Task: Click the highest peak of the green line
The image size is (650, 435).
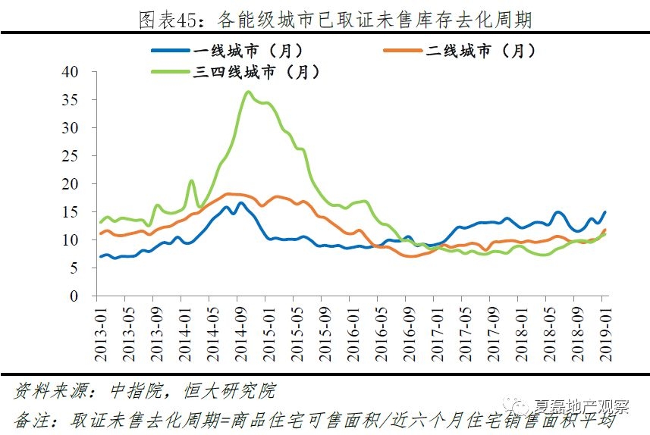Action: coord(249,92)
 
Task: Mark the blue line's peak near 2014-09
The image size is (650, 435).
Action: coord(241,202)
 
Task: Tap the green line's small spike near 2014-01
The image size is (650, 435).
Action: coord(191,180)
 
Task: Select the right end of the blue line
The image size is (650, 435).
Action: coord(604,212)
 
